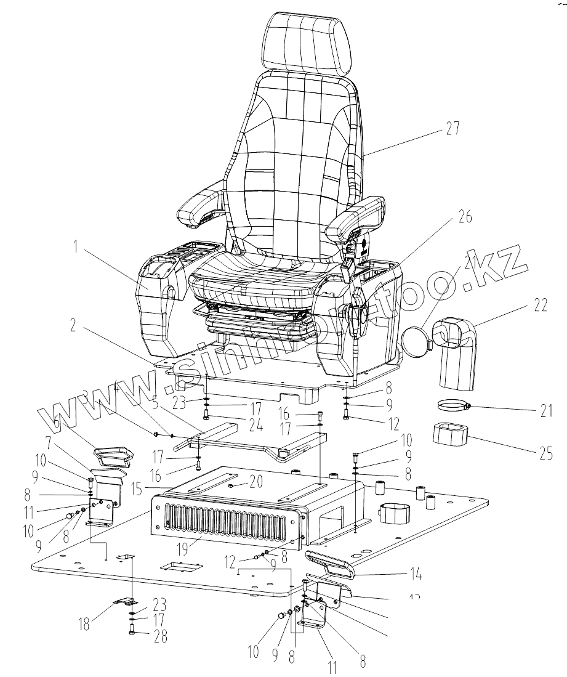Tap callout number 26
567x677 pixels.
pos(465,217)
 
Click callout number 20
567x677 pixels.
pos(254,481)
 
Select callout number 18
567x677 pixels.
pos(84,625)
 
